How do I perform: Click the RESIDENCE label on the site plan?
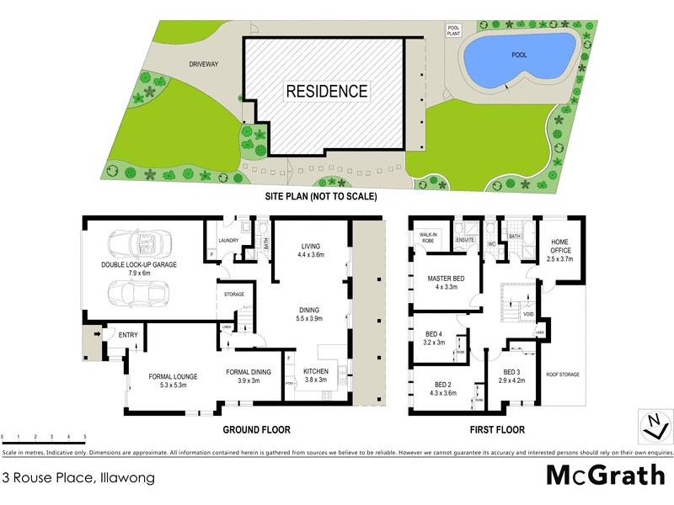(326, 91)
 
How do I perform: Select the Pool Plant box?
(453, 30)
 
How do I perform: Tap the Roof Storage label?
(562, 375)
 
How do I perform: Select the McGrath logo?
(605, 476)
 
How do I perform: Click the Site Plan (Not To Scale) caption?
(321, 196)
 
